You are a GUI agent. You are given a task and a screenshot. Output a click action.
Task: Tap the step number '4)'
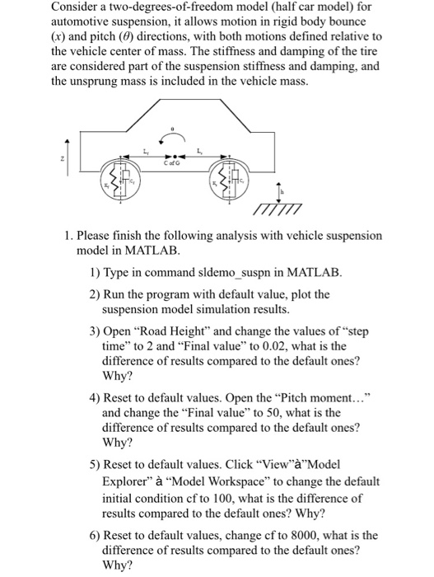tap(95, 395)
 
